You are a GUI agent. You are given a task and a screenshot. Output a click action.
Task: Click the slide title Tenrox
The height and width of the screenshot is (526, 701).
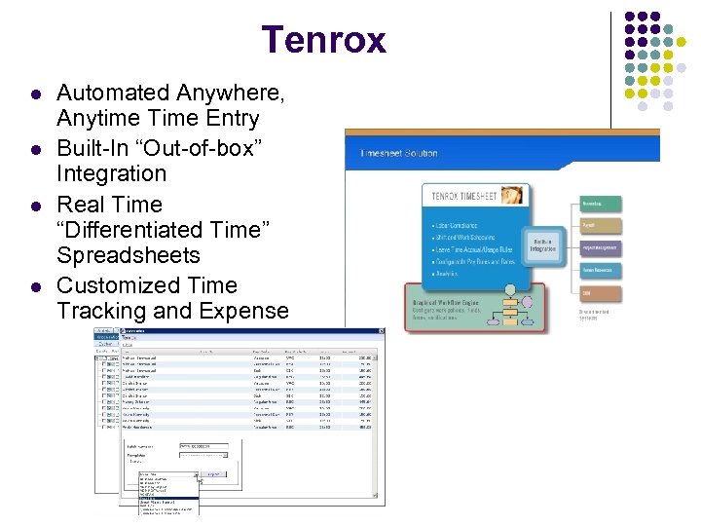pos(323,40)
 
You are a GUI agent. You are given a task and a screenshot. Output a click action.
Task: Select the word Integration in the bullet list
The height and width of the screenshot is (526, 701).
pos(111,174)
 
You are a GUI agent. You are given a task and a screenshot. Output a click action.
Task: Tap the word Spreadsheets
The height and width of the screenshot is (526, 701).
pos(129,256)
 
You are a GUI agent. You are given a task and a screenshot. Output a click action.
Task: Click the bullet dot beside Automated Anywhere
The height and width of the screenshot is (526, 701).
pos(35,95)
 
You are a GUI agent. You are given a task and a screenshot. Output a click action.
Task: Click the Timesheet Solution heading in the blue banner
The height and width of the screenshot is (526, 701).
pos(399,153)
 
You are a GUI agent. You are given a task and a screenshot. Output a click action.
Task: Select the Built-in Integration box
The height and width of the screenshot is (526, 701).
pos(543,244)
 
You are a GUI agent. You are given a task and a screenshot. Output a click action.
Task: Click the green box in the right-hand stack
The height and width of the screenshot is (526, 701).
pos(600,204)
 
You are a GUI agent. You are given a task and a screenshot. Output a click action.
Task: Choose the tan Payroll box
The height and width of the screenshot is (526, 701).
pos(600,225)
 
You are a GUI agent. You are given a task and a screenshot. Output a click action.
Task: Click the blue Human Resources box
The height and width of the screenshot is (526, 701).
pos(600,270)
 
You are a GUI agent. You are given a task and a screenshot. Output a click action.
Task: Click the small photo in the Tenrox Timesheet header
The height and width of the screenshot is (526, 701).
pos(511,196)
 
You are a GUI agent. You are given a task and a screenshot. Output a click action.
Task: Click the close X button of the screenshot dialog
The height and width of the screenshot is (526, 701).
pos(381,331)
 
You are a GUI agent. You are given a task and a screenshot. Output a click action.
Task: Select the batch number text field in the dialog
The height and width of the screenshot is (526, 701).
pos(201,445)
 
